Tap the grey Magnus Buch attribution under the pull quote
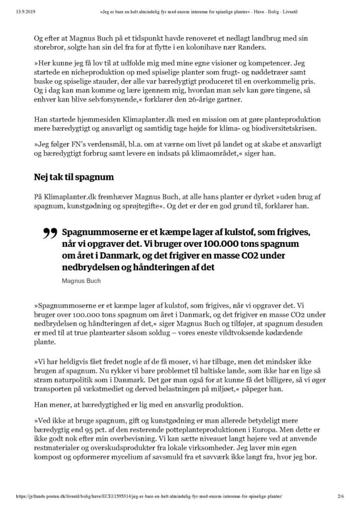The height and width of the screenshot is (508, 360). (x=81, y=281)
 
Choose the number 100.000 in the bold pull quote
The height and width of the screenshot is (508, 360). (x=187, y=244)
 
